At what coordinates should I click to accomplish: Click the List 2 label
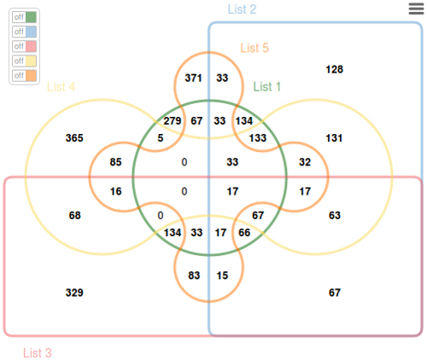(x=242, y=9)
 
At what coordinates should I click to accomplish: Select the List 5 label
(x=254, y=48)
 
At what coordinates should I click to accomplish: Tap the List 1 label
(x=266, y=87)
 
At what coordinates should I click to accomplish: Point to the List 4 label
(x=61, y=87)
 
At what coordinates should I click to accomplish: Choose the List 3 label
(x=38, y=353)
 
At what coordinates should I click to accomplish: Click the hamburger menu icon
(x=416, y=9)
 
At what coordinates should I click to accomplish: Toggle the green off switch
(x=24, y=17)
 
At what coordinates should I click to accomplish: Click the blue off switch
(x=24, y=32)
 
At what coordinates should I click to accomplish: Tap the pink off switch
(x=24, y=46)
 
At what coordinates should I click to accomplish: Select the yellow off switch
(x=24, y=61)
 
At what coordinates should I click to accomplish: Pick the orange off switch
(x=24, y=76)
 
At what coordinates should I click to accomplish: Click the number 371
(x=193, y=78)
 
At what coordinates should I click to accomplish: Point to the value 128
(x=335, y=69)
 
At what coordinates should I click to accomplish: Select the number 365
(x=74, y=138)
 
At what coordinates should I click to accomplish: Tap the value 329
(x=74, y=293)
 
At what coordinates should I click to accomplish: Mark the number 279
(x=173, y=121)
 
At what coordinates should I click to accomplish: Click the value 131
(x=334, y=138)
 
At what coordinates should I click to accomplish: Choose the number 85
(x=115, y=162)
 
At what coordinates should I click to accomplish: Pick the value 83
(x=194, y=276)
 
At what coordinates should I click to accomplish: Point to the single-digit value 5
(x=161, y=138)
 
